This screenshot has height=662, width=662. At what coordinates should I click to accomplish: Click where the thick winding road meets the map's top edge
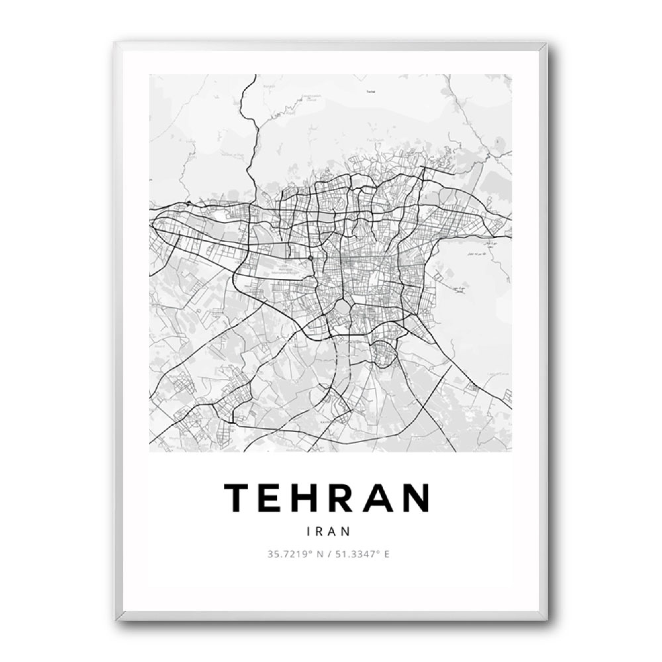pos(256,75)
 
